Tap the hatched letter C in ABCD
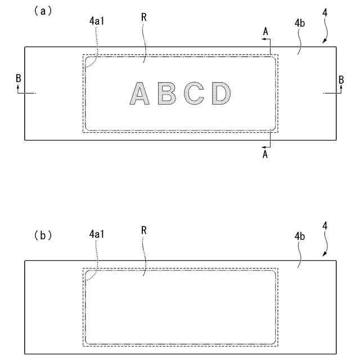(195, 93)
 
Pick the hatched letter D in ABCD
(221, 93)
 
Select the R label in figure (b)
(144, 230)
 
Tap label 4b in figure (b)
(300, 236)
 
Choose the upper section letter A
(265, 32)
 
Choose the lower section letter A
(264, 155)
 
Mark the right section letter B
(341, 80)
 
